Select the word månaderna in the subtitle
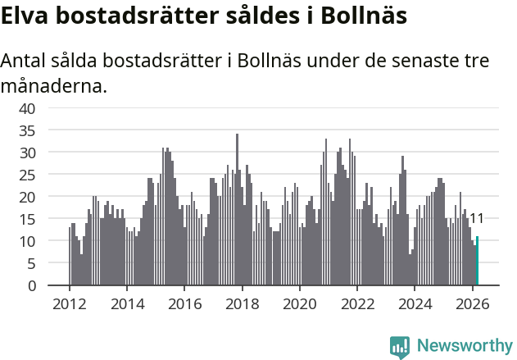pyautogui.click(x=53, y=84)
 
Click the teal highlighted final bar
pyautogui.click(x=477, y=262)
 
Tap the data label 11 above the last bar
pyautogui.click(x=476, y=219)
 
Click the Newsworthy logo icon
pyautogui.click(x=400, y=347)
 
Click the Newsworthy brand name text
pyautogui.click(x=464, y=346)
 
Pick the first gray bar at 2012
pyautogui.click(x=70, y=257)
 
